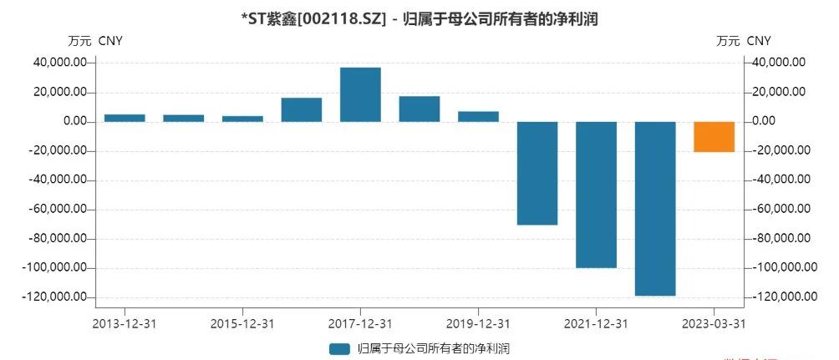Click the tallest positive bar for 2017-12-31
360,94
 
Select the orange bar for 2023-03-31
714,137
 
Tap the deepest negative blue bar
655,209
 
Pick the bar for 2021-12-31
596,195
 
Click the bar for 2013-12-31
125,118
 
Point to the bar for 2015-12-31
242,119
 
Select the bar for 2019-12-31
478,116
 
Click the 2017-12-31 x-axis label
360,322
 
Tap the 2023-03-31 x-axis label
714,322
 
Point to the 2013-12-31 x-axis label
125,322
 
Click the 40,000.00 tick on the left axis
60,63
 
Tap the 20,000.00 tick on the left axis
60,92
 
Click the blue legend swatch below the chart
339,348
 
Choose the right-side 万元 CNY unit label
744,40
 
